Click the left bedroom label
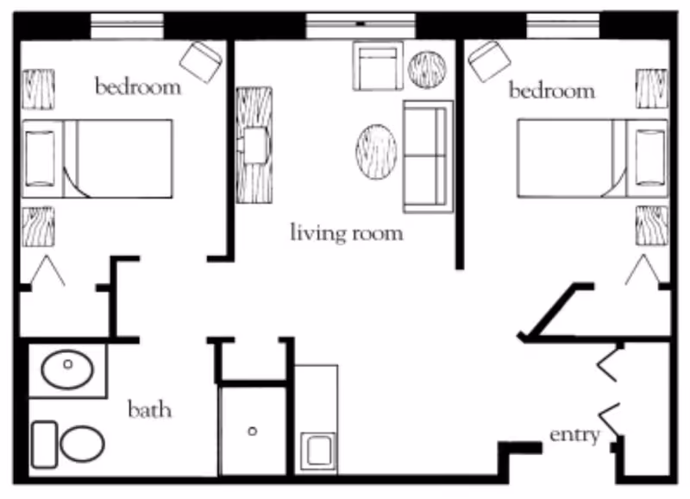pos(138,87)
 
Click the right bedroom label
pos(551,91)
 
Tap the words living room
pos(347,233)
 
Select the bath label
pos(149,408)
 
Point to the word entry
pos(574,434)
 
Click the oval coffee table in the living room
pos(376,152)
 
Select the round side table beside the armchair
pos(426,69)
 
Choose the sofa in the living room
pos(428,156)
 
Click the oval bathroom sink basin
pos(67,371)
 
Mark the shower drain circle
pos(253,431)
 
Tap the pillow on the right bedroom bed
pos(649,158)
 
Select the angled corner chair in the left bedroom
pos(201,61)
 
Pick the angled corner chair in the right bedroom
pos(489,61)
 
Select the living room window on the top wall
pos(360,25)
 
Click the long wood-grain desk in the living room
pos(254,144)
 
